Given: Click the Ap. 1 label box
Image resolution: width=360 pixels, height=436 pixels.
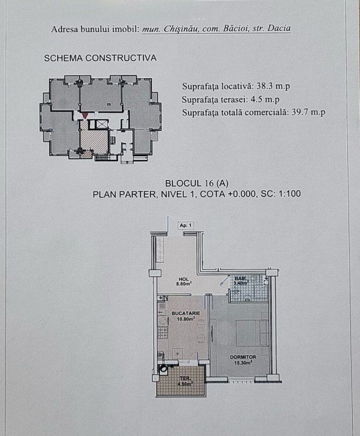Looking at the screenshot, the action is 186,225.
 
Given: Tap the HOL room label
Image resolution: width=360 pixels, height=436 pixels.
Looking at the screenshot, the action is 184,279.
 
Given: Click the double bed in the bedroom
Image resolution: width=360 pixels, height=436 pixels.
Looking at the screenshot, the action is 252,333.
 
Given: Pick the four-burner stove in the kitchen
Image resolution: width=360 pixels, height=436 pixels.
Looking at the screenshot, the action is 163,332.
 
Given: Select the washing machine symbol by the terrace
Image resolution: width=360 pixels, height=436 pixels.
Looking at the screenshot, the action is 163,369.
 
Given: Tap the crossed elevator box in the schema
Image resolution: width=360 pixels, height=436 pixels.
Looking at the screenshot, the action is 97,124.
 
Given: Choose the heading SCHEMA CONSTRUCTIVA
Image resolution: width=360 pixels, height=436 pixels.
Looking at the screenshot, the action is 100,58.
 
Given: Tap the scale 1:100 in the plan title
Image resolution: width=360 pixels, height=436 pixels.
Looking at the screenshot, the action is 288,194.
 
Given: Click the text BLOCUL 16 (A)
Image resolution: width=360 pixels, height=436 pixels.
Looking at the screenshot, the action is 197,183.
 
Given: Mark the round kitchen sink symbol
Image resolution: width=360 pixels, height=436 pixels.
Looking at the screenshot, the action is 162,321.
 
